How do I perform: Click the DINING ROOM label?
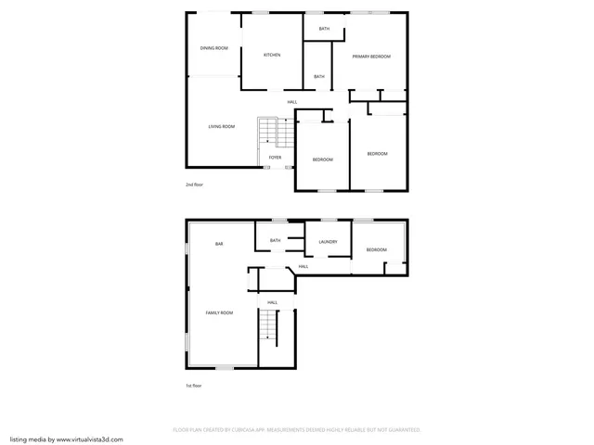[x=214, y=47]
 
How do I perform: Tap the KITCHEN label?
[x=272, y=55]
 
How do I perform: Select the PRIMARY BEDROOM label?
[x=371, y=57]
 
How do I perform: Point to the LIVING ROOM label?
[x=221, y=126]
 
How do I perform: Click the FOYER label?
[x=275, y=158]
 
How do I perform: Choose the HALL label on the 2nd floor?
[x=292, y=101]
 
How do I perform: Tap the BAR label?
[x=219, y=244]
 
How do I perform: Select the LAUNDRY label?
[x=327, y=242]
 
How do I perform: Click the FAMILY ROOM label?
[x=219, y=313]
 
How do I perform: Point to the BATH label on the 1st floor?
[x=275, y=241]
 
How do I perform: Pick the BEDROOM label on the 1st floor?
[x=376, y=249]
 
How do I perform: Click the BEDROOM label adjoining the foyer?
[x=322, y=159]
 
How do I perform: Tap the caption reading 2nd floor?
[x=194, y=184]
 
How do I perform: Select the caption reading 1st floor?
[x=193, y=385]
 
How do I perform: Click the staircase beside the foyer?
[x=267, y=132]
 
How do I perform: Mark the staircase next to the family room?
[x=268, y=324]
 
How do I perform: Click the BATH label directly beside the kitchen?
[x=319, y=76]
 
